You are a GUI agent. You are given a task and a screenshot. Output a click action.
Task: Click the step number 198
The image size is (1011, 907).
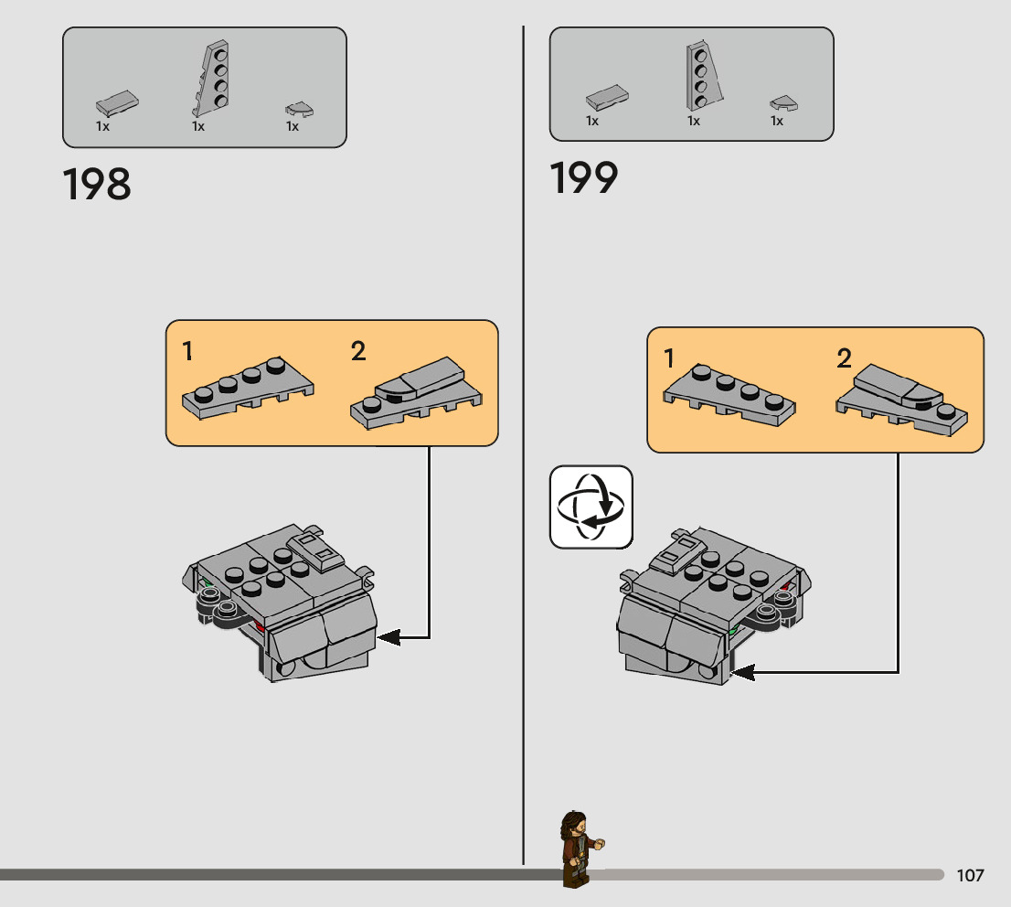(97, 185)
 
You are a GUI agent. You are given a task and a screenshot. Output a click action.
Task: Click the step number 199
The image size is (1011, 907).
(584, 178)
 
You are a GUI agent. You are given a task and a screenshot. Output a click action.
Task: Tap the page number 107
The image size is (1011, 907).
(970, 876)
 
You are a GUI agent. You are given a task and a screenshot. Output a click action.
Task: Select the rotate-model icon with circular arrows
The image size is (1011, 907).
(591, 507)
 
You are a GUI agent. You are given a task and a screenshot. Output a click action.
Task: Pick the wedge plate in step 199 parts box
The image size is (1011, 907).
(703, 75)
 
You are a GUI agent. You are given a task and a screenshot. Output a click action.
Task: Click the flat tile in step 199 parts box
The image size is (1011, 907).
(608, 96)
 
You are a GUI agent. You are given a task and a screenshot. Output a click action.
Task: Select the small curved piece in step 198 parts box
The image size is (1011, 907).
(299, 110)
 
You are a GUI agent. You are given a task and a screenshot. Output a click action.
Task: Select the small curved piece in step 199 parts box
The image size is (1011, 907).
(783, 103)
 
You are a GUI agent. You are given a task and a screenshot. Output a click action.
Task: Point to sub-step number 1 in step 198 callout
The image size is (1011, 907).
(187, 350)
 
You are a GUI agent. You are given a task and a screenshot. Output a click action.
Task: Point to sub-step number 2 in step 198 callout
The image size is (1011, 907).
(358, 350)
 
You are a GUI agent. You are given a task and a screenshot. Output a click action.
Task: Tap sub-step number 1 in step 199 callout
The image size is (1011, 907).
(669, 358)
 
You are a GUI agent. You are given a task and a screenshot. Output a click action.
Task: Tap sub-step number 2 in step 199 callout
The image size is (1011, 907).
(844, 358)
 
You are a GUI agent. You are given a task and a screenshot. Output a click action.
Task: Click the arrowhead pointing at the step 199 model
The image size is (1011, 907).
(742, 673)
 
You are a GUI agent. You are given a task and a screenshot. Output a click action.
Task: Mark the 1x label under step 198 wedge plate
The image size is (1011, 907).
(198, 127)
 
